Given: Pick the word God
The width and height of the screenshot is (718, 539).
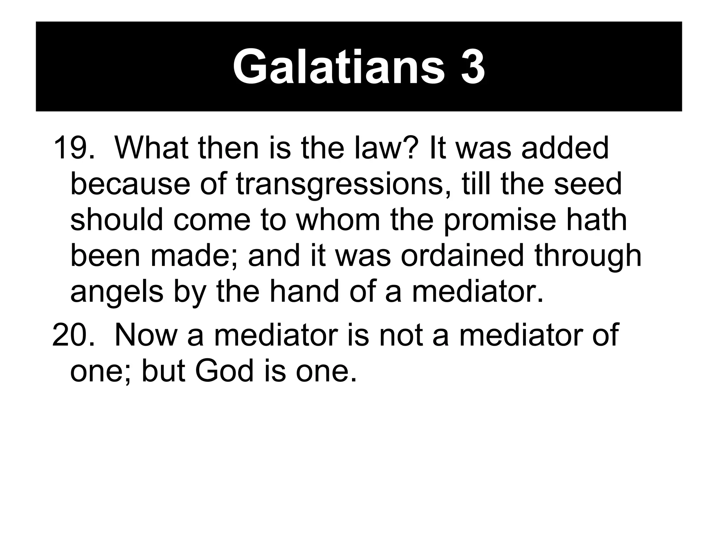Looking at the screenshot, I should coord(224,371).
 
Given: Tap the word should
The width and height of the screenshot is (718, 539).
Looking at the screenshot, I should coord(117,220).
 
